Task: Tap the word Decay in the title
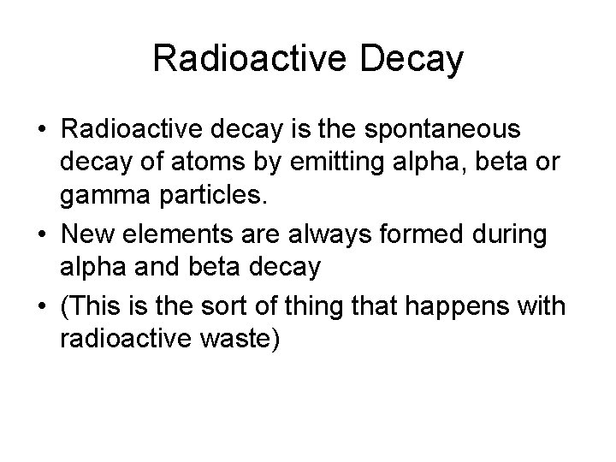tap(414, 59)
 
